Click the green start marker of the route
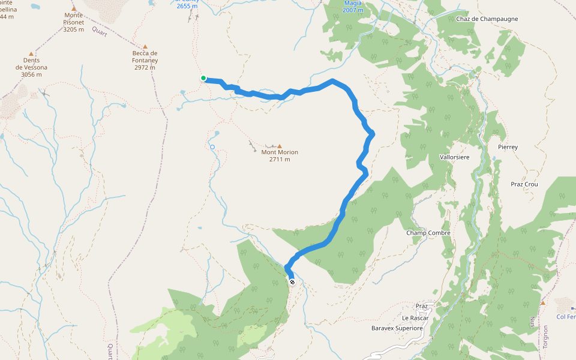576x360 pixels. point(203,78)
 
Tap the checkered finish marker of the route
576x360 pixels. point(292,282)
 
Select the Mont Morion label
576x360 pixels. point(280,155)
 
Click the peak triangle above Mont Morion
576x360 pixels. point(279,146)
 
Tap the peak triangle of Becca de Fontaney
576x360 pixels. point(145,45)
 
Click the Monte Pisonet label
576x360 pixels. point(74,22)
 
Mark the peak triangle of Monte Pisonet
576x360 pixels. point(74,9)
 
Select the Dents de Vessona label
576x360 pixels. point(31,67)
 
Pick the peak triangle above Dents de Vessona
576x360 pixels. point(31,54)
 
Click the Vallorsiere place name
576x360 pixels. point(455,157)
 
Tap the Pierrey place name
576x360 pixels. point(508,147)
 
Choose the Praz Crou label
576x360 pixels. point(524,184)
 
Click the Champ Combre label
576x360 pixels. point(428,233)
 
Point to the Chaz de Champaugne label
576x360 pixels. point(487,19)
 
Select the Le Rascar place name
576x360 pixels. point(413,318)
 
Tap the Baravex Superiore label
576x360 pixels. point(397,328)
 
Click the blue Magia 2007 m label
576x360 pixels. point(353,7)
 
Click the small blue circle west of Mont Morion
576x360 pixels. point(212,146)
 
